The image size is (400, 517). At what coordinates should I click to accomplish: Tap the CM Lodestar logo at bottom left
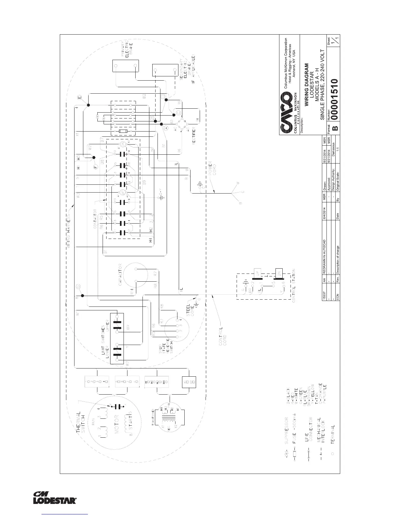55,497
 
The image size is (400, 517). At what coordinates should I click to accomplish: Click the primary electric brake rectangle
125,66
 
